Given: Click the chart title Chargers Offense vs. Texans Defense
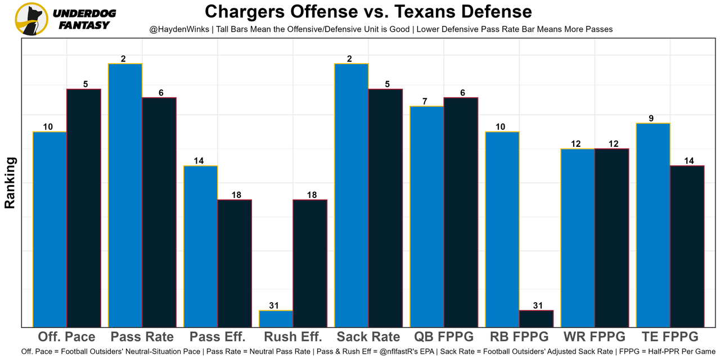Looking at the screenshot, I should click(368, 12).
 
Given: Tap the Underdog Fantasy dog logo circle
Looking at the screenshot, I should click(31, 19).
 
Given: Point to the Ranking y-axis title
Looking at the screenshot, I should click(10, 183).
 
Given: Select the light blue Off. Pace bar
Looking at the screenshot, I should click(50, 229).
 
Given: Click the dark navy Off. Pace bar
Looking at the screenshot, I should click(84, 208).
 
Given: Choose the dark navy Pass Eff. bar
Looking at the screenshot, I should click(235, 263).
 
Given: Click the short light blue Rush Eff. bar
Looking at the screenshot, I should click(276, 318).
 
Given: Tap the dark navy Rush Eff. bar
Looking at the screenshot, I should click(310, 263).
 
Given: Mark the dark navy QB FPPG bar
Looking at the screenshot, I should click(461, 212).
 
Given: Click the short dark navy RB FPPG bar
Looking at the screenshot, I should click(536, 318).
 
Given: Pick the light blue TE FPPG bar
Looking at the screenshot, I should click(653, 224).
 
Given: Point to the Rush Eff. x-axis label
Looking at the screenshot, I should click(292, 337).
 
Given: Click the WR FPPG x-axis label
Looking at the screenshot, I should click(594, 337).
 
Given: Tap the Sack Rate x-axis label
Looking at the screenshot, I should click(368, 337).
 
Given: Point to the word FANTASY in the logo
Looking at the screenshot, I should click(84, 25).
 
